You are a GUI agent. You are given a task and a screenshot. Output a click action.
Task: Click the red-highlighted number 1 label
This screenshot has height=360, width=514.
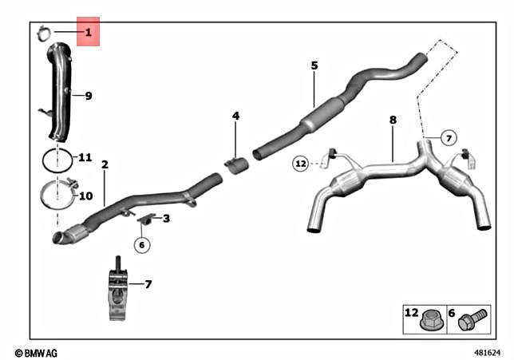[x=88, y=32]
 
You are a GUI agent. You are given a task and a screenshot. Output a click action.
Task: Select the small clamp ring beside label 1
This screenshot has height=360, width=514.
[x=45, y=33]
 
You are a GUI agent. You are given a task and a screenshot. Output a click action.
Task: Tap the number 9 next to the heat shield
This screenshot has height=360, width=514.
[x=89, y=96]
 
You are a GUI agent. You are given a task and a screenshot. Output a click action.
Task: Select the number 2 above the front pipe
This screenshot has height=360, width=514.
[x=105, y=164]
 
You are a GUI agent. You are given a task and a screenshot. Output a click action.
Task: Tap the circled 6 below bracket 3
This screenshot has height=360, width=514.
[x=141, y=245]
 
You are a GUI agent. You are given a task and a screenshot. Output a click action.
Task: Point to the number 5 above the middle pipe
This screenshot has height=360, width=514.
[x=314, y=65]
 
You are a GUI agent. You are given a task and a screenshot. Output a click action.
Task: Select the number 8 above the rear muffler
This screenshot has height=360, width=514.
[x=393, y=120]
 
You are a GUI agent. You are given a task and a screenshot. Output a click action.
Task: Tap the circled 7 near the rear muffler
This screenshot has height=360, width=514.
[x=449, y=138]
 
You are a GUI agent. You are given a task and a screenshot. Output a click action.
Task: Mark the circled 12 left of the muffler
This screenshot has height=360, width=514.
[x=300, y=164]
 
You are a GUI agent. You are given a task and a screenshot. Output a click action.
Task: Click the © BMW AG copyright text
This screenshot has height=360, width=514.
[x=37, y=352]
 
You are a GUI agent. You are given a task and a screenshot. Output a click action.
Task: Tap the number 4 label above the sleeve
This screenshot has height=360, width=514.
[x=235, y=116]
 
